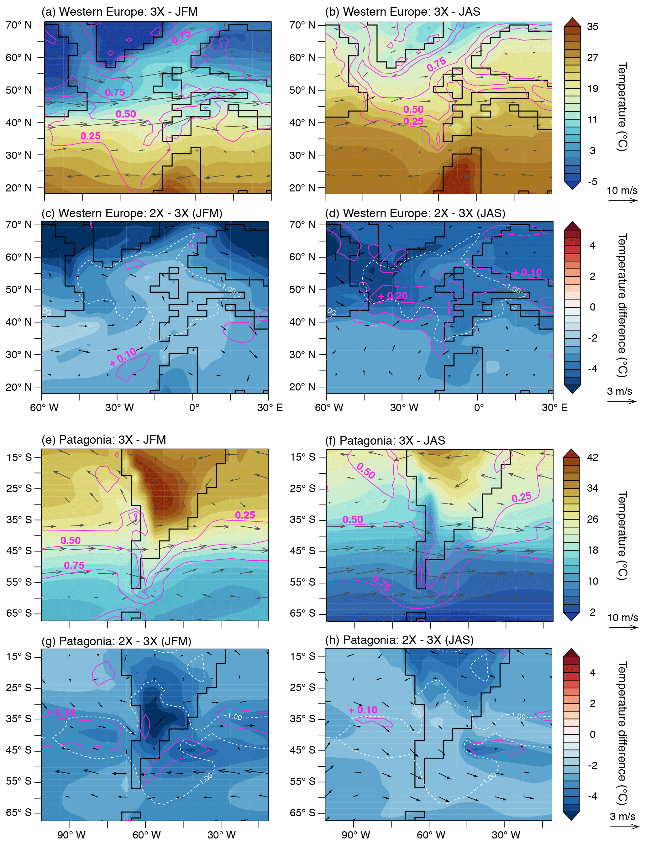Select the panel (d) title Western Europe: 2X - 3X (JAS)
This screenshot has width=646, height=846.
pos(415,213)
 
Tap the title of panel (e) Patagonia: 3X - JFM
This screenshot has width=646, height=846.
pos(103,439)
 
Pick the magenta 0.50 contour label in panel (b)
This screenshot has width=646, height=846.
pos(413,110)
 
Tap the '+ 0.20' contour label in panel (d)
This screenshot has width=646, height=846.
pos(393,296)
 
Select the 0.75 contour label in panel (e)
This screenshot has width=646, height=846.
pos(74,565)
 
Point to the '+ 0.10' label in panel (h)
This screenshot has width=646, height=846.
pos(363,710)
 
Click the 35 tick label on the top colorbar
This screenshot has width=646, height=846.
pos(592,27)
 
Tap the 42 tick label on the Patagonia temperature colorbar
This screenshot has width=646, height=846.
pos(592,457)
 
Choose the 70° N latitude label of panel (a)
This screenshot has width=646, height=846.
pos(18,25)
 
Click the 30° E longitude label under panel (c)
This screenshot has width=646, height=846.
pos(270,407)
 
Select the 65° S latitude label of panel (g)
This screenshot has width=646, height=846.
pos(18,812)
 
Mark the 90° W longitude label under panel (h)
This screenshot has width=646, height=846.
pos(356,835)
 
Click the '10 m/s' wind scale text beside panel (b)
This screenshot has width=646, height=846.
pos(622,190)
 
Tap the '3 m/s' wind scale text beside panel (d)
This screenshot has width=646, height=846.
pos(619,391)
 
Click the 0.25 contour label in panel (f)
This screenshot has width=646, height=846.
pos(522,497)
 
